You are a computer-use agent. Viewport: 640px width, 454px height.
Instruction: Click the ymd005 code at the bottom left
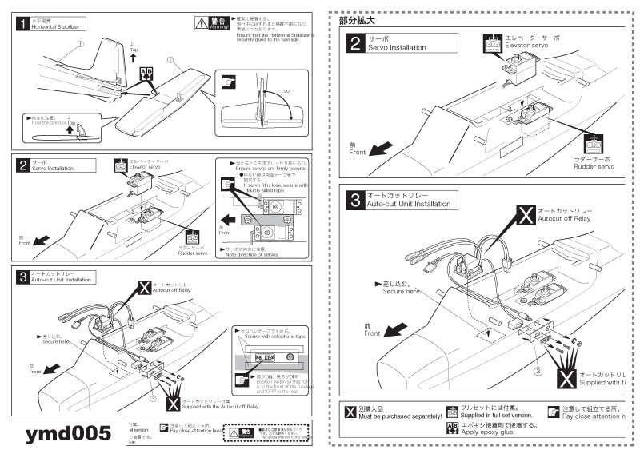[68, 434]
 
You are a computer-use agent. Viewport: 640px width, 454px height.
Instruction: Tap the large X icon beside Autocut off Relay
[525, 215]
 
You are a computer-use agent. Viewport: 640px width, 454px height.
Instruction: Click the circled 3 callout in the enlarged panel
[538, 370]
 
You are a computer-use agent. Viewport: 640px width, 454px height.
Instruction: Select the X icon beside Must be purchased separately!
[350, 412]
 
